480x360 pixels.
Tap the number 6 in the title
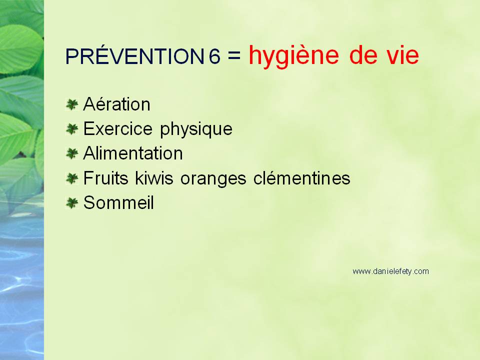(214, 56)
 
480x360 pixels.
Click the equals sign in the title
(234, 55)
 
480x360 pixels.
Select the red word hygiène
(294, 56)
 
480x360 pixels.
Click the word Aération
(116, 104)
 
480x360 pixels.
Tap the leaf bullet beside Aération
(72, 104)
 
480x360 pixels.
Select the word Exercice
(118, 128)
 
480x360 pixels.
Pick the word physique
(196, 129)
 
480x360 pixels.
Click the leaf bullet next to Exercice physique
(72, 129)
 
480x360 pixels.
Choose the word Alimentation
(133, 153)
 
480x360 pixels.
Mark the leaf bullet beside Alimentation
(72, 153)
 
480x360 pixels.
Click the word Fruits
(105, 178)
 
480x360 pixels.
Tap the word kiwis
(154, 178)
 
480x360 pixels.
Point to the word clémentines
(302, 178)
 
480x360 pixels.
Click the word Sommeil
(118, 202)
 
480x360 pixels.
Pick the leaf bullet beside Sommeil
(72, 203)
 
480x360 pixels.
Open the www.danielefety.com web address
(390, 271)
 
